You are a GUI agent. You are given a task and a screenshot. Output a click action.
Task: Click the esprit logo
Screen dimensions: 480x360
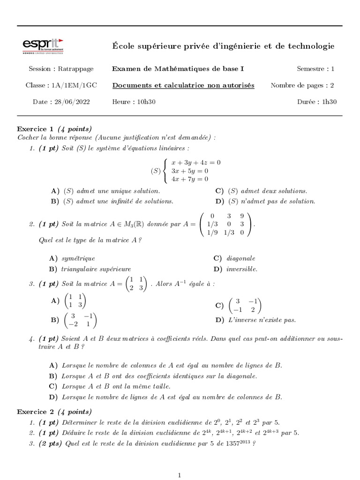click(43, 45)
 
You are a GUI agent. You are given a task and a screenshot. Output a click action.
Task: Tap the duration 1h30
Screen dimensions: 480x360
click(326, 102)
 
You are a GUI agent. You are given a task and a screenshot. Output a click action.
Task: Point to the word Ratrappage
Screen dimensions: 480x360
click(75, 69)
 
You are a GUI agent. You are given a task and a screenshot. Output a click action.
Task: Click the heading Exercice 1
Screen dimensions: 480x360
click(35, 129)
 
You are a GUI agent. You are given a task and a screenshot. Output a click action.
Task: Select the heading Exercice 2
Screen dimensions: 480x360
click(35, 412)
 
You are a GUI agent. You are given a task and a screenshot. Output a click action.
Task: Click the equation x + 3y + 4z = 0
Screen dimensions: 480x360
click(196, 162)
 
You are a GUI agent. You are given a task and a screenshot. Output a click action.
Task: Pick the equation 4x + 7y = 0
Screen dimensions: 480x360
click(190, 179)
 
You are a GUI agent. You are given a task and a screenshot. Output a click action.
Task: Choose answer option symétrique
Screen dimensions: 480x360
click(78, 258)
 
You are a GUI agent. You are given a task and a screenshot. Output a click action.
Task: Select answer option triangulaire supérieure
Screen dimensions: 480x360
click(96, 269)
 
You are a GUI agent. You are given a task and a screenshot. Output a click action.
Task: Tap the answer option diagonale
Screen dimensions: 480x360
click(241, 258)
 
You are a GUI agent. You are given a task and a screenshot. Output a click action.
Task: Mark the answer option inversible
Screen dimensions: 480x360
click(242, 269)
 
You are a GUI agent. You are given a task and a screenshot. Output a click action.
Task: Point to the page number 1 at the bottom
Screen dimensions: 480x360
click(180, 475)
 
